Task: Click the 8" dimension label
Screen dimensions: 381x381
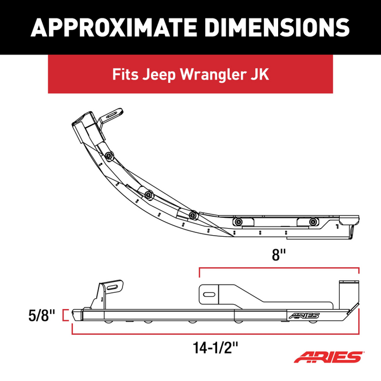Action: pyautogui.click(x=279, y=255)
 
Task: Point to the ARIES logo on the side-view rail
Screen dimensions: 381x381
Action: pyautogui.click(x=305, y=315)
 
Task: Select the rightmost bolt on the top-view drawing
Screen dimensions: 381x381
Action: pyautogui.click(x=312, y=222)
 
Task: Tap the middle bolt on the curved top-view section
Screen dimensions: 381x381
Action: pyautogui.click(x=148, y=194)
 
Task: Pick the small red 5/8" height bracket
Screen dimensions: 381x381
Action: pyautogui.click(x=66, y=315)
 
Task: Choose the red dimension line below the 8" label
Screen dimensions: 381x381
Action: pyautogui.click(x=279, y=268)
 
